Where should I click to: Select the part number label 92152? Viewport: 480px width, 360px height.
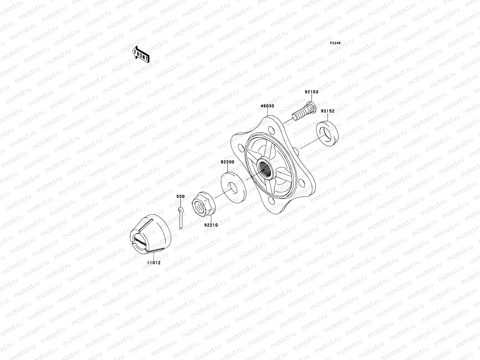[328, 111]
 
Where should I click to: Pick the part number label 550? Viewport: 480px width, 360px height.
[180, 196]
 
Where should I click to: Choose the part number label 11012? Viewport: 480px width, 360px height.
[154, 263]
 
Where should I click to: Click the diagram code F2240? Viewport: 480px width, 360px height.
[335, 43]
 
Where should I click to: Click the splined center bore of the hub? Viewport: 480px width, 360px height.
[265, 169]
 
